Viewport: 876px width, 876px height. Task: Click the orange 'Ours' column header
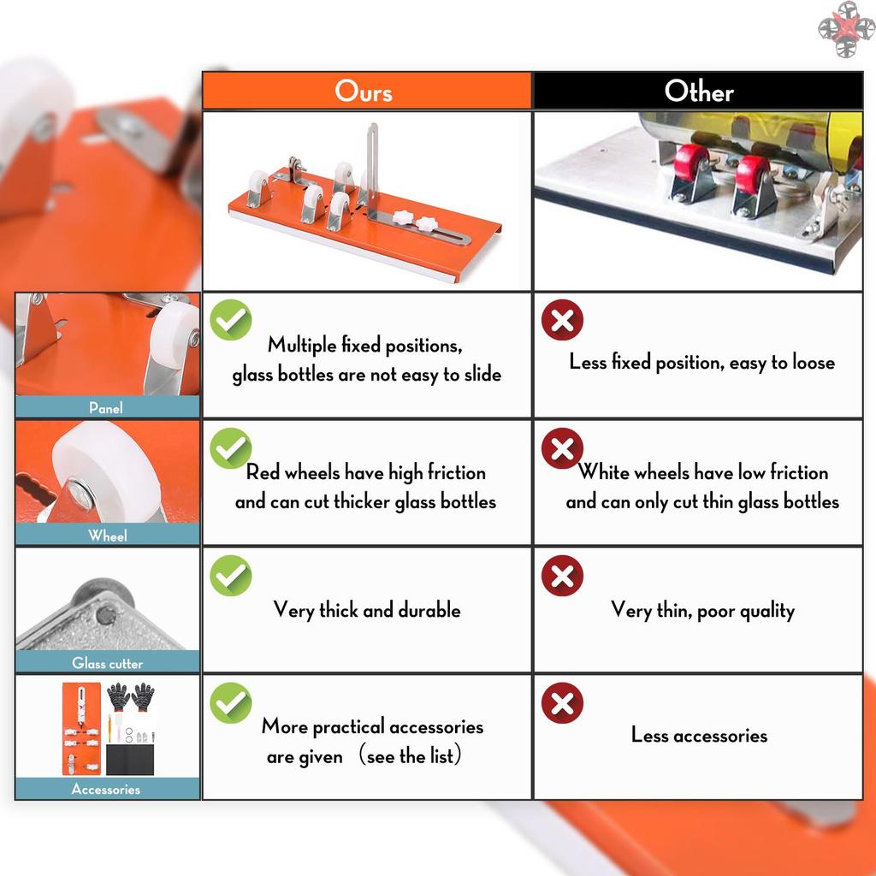point(366,91)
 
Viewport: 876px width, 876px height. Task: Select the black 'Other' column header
point(698,91)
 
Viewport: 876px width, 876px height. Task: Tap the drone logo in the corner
point(846,29)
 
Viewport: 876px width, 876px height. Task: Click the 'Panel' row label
point(106,407)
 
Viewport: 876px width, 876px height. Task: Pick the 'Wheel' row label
point(107,536)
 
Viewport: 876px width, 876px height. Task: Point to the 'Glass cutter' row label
point(107,663)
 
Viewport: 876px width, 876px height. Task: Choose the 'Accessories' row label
point(106,789)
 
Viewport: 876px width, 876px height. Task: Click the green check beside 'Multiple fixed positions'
point(231,320)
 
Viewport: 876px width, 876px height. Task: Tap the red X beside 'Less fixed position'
point(562,320)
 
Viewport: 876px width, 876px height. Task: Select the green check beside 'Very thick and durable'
point(231,576)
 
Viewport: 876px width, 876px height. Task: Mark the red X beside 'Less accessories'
point(562,703)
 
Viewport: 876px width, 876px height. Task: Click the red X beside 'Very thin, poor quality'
point(562,576)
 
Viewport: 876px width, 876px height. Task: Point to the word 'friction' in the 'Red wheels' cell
point(457,472)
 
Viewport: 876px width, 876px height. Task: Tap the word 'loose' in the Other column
point(813,363)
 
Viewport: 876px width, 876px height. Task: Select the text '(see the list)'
point(410,755)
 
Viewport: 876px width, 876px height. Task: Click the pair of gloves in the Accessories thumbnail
point(131,696)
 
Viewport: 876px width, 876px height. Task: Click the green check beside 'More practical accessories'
point(231,703)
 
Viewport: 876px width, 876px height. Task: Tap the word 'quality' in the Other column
point(767,611)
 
